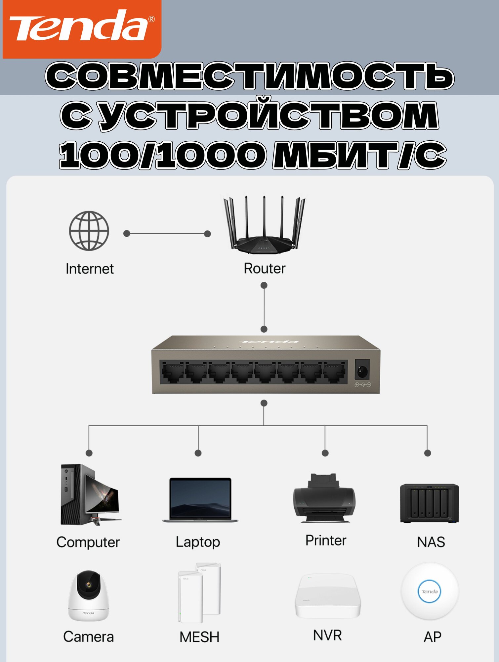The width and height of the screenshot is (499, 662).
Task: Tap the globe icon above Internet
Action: (89, 230)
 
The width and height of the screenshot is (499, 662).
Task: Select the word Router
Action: (264, 268)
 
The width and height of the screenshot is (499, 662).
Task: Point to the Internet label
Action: (90, 269)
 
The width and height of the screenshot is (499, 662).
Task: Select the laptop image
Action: (200, 500)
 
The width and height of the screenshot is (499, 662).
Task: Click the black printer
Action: (324, 498)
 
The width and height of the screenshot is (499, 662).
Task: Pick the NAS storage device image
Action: (429, 503)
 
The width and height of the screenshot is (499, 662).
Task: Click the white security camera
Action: (88, 595)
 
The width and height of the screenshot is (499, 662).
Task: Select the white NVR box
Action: (327, 596)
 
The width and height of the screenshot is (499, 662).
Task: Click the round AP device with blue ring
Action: (430, 591)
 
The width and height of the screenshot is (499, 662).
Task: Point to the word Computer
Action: (88, 542)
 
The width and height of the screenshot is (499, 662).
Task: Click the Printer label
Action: (326, 540)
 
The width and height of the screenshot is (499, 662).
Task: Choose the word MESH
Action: (199, 637)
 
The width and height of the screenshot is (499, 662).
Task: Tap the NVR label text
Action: (327, 635)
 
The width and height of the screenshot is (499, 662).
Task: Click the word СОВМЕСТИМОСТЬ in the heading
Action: (250, 76)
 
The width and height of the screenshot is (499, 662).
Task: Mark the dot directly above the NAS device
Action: (427, 453)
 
